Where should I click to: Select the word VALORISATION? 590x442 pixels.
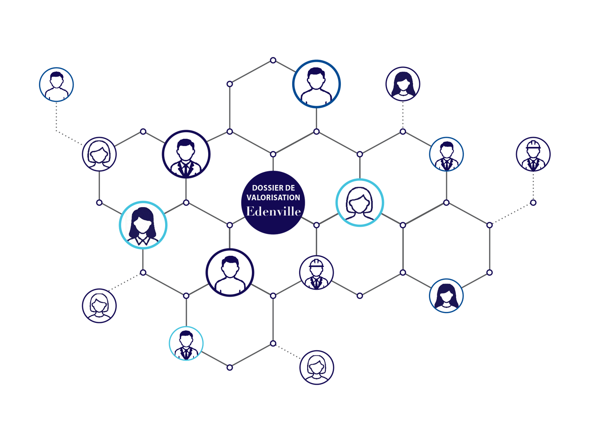tap(273, 198)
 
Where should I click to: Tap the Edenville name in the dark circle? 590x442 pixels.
tap(273, 212)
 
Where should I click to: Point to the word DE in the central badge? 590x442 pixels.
tap(290, 188)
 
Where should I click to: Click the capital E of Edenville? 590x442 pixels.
tap(250, 211)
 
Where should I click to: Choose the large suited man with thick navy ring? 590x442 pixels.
tap(186, 154)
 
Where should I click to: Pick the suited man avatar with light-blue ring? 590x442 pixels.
tap(186, 343)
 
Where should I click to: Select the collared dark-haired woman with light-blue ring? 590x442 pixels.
tap(143, 225)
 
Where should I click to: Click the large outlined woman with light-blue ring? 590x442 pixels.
tap(359, 203)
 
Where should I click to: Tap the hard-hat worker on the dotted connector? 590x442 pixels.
tap(533, 154)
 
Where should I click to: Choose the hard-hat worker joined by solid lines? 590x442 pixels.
tap(316, 272)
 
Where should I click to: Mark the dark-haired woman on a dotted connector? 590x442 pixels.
tap(403, 84)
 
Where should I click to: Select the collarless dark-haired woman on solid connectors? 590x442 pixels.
tap(446, 295)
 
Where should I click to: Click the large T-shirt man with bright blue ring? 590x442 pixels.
tap(316, 84)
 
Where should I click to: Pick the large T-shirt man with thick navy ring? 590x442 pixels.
tap(229, 272)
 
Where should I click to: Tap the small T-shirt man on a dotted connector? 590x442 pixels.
tap(56, 85)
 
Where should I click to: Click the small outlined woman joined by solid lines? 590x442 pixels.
tap(99, 154)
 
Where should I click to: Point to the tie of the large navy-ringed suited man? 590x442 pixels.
tap(186, 169)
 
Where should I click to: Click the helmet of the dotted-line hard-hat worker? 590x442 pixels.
tap(533, 144)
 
